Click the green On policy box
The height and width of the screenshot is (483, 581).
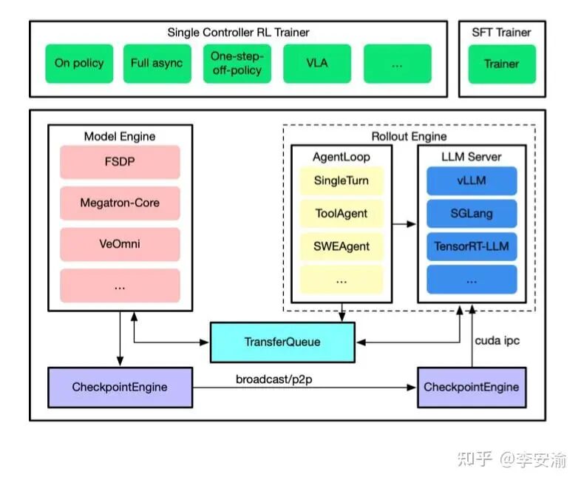[79, 64]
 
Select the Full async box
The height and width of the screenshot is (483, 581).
[156, 64]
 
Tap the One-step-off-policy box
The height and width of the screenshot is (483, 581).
[237, 64]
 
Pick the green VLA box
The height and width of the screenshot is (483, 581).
[317, 64]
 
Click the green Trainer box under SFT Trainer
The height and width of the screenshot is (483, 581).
[501, 64]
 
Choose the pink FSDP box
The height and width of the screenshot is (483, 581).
[120, 162]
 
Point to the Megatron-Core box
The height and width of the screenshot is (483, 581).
[120, 203]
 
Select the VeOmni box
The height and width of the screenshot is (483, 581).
[120, 244]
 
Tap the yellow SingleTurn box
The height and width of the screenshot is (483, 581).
[341, 180]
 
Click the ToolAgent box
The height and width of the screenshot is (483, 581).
[341, 214]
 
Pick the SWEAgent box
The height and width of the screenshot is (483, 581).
[341, 247]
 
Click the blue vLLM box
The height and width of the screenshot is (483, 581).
[471, 180]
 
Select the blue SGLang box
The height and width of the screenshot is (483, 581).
[471, 214]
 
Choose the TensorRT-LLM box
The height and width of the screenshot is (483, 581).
[471, 247]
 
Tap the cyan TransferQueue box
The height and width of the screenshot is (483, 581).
[282, 342]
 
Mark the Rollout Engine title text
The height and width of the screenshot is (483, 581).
[408, 136]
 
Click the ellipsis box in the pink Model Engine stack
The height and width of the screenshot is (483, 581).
[120, 286]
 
